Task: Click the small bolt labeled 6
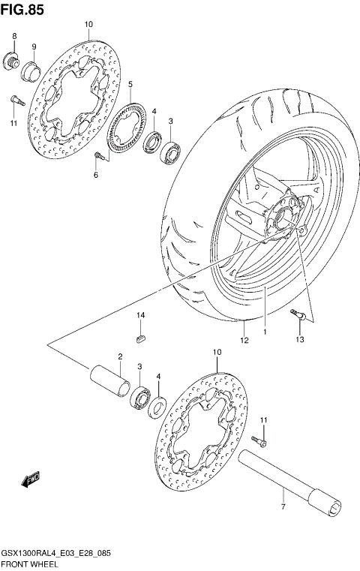pos(98,156)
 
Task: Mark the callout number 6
pos(96,176)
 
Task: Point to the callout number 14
pos(140,316)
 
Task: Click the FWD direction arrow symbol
pos(31,478)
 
